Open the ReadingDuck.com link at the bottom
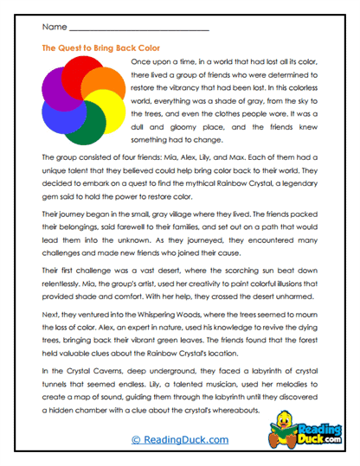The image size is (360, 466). [179, 441]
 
